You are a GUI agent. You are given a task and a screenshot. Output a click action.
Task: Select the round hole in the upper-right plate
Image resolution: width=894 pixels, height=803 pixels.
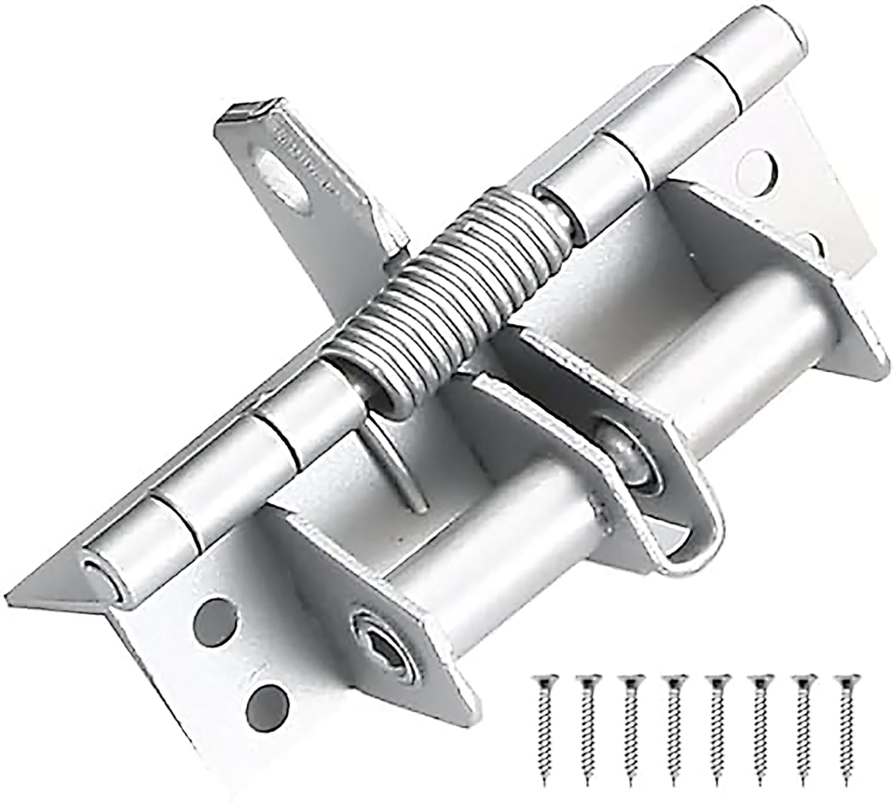[x=756, y=170]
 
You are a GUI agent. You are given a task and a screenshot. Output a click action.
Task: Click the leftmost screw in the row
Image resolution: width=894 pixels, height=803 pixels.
[x=544, y=727]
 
